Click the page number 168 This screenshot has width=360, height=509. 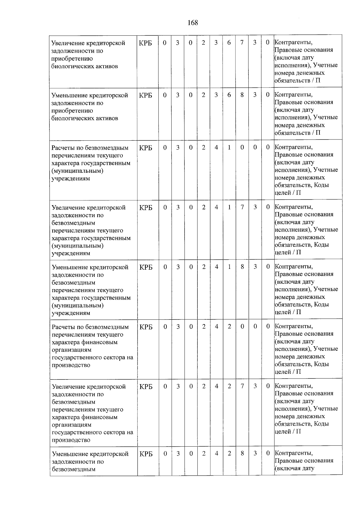tap(193, 23)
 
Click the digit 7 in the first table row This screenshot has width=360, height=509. tap(242, 43)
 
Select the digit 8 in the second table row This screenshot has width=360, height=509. tap(242, 95)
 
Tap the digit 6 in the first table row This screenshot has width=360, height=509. tap(229, 43)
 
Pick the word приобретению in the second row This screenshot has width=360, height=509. tap(72, 111)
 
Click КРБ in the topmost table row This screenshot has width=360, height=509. tap(145, 43)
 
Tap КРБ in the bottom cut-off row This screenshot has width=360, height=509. tap(146, 454)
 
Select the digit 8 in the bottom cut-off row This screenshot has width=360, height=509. tap(242, 453)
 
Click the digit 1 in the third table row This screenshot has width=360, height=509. tap(229, 147)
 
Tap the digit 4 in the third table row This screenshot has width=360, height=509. tap(216, 147)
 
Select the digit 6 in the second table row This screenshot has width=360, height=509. tap(229, 95)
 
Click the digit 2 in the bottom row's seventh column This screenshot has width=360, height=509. tap(229, 453)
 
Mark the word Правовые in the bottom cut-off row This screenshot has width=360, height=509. tap(287, 461)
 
